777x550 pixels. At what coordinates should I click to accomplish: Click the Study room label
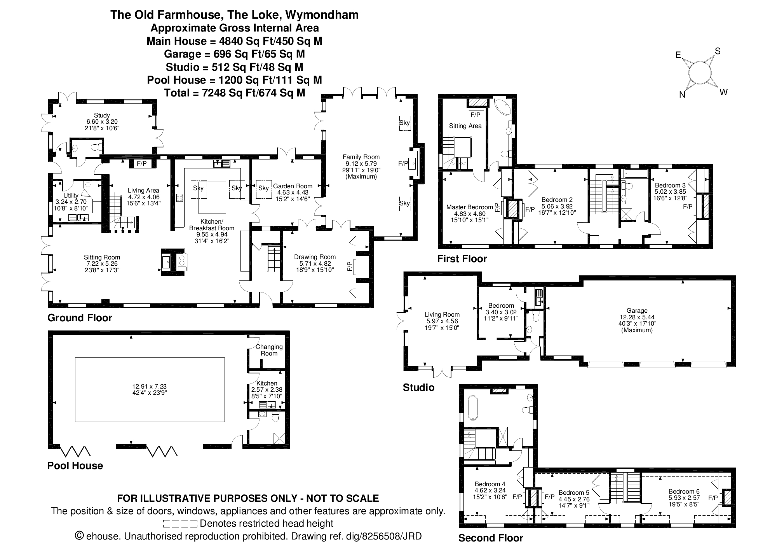pyautogui.click(x=102, y=116)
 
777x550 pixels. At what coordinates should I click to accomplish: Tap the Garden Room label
pyautogui.click(x=293, y=186)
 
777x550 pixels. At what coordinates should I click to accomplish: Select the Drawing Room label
pyautogui.click(x=315, y=257)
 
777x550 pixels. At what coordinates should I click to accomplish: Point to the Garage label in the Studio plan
pyautogui.click(x=637, y=311)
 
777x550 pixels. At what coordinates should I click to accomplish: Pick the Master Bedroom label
pyautogui.click(x=469, y=207)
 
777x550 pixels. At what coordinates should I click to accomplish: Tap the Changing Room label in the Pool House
pyautogui.click(x=269, y=350)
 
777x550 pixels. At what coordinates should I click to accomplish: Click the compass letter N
pyautogui.click(x=682, y=95)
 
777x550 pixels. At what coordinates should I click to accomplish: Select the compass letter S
pyautogui.click(x=718, y=51)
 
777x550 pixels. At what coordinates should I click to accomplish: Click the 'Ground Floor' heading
pyautogui.click(x=80, y=318)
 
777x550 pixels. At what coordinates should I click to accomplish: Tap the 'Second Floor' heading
pyautogui.click(x=491, y=538)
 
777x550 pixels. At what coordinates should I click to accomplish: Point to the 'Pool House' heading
pyautogui.click(x=75, y=466)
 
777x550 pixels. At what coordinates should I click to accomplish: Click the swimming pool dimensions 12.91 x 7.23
pyautogui.click(x=150, y=386)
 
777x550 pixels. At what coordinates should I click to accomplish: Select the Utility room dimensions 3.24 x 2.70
pyautogui.click(x=71, y=202)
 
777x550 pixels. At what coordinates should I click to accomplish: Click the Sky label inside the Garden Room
pyautogui.click(x=263, y=188)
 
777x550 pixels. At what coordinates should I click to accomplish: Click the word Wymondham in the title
pyautogui.click(x=322, y=15)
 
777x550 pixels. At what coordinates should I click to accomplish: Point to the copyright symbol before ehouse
pyautogui.click(x=79, y=536)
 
